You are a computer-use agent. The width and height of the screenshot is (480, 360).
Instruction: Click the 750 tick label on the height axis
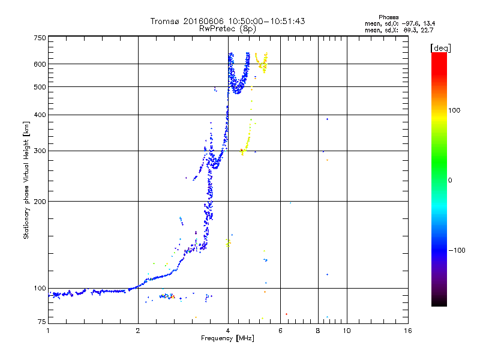pos(40,37)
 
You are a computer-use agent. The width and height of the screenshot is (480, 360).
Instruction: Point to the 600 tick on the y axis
pos(40,64)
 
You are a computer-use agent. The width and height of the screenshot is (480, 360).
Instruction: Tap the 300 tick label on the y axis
pos(40,151)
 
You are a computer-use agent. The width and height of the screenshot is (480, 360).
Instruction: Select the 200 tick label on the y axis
pos(40,201)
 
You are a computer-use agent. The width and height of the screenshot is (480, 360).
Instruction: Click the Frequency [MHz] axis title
pos(227,338)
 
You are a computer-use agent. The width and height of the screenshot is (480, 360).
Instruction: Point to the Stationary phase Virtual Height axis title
pos(26,180)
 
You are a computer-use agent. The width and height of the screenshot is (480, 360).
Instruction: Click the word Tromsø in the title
pos(165,21)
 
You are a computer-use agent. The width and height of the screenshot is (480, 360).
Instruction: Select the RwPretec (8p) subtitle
pos(227,28)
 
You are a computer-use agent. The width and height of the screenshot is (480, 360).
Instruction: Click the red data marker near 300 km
pos(242,150)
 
